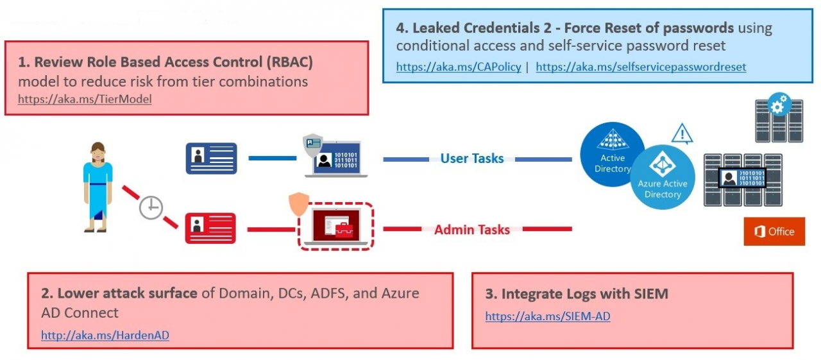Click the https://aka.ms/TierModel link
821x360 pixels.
(85, 99)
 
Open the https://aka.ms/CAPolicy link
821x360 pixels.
(459, 67)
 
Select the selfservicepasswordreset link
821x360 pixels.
(641, 67)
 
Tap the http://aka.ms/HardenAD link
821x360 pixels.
(105, 335)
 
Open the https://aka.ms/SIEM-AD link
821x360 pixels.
(548, 316)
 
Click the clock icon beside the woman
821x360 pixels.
(151, 207)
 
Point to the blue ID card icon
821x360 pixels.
(212, 159)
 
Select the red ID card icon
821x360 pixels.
(211, 228)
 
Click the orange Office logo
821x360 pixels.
(774, 231)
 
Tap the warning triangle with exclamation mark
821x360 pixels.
(682, 133)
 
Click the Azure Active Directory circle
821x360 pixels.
(663, 177)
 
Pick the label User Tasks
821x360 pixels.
(472, 159)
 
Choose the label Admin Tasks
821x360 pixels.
(472, 230)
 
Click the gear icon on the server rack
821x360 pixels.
(779, 104)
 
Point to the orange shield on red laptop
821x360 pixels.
(299, 204)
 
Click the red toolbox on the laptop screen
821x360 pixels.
(344, 230)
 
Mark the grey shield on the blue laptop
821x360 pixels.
(313, 145)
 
